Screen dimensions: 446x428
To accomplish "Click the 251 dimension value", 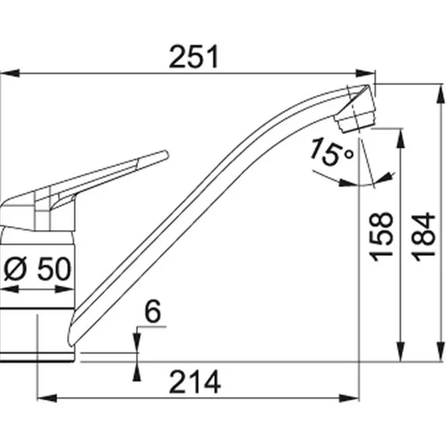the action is click(x=194, y=56).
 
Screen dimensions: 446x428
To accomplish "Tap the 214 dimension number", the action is click(x=195, y=381).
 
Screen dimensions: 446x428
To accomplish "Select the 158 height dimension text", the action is click(x=381, y=237).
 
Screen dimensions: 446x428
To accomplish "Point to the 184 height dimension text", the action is click(x=423, y=237).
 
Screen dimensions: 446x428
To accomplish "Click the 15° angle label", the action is click(x=332, y=152).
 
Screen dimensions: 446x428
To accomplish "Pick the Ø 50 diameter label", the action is click(x=37, y=268).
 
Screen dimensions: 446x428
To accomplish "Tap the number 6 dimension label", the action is click(x=152, y=312).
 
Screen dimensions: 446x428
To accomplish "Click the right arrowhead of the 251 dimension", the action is click(x=365, y=73).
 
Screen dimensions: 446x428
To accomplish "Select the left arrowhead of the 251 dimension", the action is click(x=10, y=73).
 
